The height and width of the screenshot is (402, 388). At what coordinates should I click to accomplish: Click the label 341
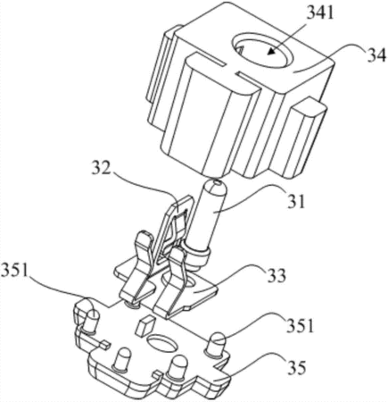(x=319, y=14)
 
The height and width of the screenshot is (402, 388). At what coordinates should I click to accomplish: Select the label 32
(x=102, y=169)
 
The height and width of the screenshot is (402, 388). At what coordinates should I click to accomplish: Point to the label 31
(x=296, y=201)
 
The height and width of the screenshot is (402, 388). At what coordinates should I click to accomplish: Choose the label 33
(x=276, y=276)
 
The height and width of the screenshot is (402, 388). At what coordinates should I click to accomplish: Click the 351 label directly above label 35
(x=300, y=326)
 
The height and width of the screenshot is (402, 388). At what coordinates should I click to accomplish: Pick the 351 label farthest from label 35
(x=15, y=272)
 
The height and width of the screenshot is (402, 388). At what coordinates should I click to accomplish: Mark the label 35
(x=296, y=367)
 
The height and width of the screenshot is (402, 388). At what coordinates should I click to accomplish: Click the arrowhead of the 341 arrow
(x=271, y=51)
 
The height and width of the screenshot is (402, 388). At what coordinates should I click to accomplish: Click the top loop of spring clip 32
(x=179, y=206)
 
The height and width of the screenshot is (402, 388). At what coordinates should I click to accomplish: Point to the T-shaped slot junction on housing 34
(x=231, y=70)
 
